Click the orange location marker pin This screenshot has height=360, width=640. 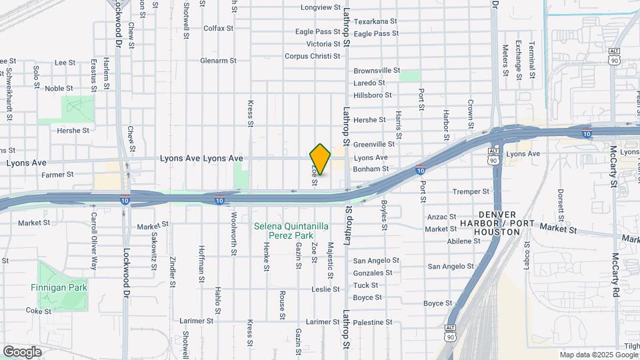click(320, 159)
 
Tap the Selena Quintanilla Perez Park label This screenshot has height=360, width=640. click(291, 231)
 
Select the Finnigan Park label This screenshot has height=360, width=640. click(59, 287)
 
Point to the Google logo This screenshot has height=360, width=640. click(22, 351)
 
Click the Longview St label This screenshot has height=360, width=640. click(320, 8)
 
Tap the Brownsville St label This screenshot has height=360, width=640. click(376, 70)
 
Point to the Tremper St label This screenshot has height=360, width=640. click(470, 191)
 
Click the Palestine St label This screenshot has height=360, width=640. click(372, 322)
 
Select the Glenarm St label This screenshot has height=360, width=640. click(218, 61)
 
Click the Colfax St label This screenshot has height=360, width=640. click(218, 29)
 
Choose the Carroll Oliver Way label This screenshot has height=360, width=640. click(94, 241)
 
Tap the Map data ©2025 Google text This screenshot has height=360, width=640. click(597, 355)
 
